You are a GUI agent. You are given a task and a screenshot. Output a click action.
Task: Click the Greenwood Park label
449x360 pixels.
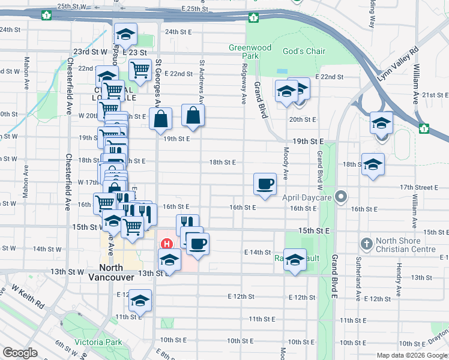(250, 52)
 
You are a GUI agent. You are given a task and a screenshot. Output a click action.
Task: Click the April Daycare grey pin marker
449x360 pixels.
(342, 196)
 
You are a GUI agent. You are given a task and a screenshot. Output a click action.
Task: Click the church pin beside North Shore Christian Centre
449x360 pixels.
(367, 244)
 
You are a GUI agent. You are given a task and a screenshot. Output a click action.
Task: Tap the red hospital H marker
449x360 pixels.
(167, 244)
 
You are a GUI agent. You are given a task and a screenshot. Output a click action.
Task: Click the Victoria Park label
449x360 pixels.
(98, 343)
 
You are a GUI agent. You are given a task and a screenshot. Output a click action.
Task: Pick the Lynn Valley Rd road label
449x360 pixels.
(397, 66)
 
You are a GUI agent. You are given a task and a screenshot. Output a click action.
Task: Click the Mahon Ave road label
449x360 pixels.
(26, 74)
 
